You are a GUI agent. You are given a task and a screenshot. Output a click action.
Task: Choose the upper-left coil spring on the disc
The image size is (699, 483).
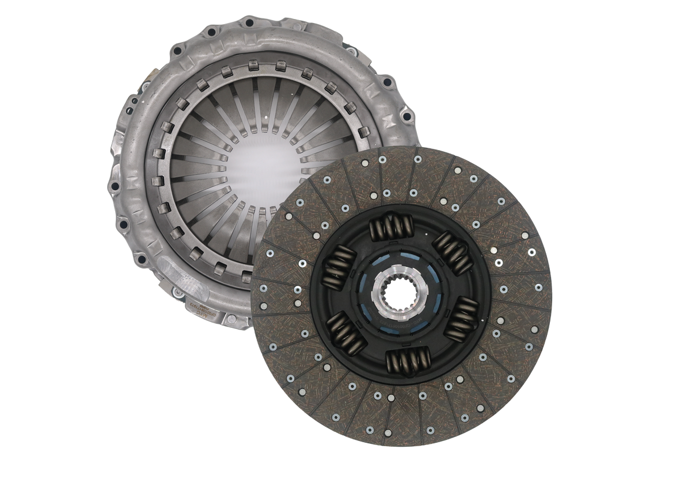[x=339, y=267]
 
